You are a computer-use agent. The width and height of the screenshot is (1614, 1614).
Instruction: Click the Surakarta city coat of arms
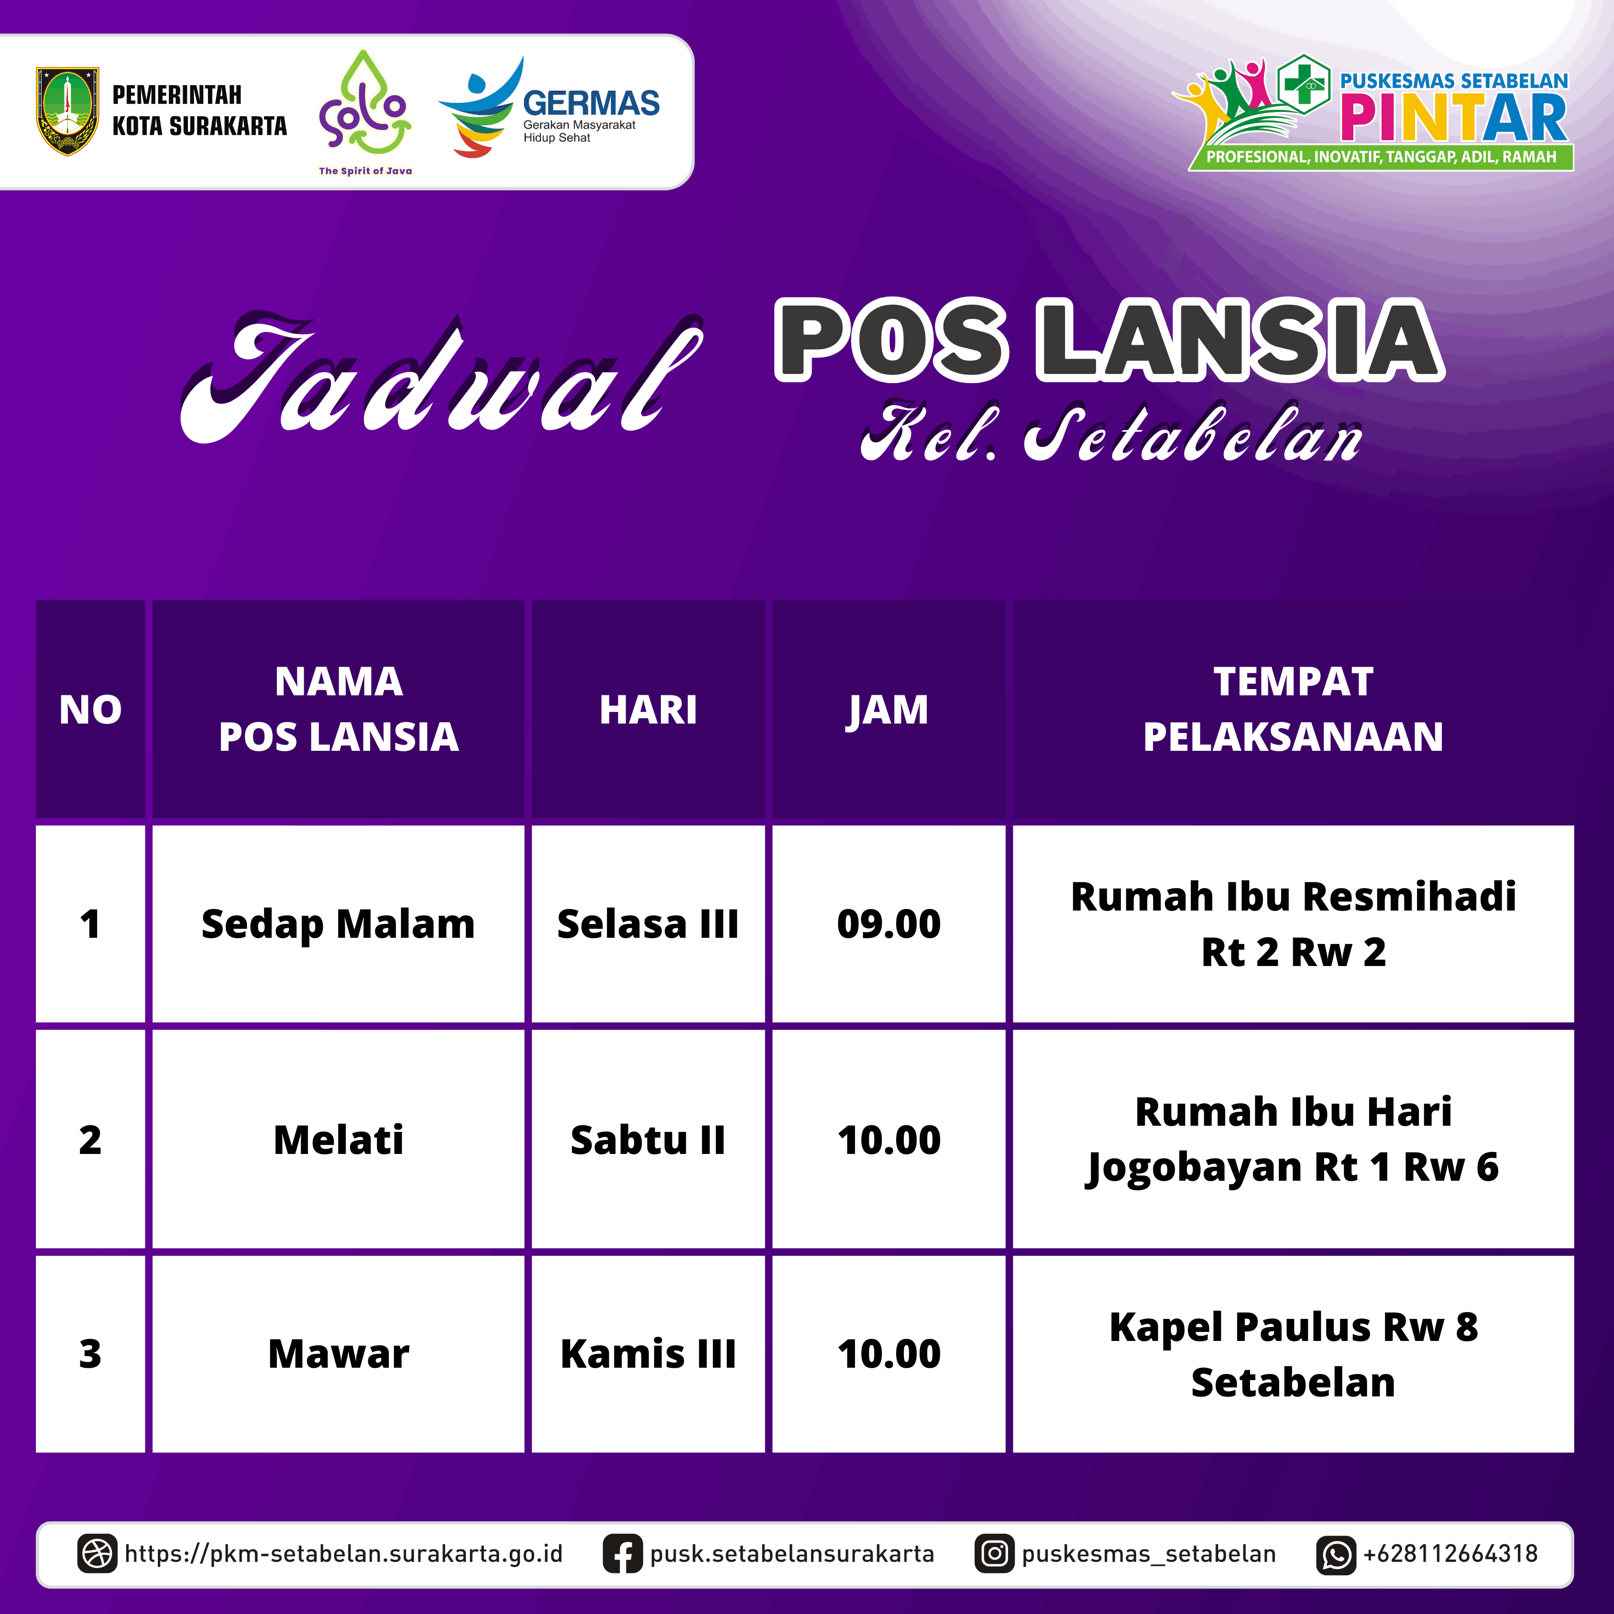67,111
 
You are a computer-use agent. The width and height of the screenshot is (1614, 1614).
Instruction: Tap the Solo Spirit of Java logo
365,113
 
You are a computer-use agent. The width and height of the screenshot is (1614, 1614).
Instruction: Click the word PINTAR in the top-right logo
1454,118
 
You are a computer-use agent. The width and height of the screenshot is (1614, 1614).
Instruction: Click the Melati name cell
338,1140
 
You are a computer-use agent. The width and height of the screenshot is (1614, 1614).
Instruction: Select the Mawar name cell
338,1353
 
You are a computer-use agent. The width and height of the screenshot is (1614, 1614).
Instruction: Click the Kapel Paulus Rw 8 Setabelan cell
1293,1353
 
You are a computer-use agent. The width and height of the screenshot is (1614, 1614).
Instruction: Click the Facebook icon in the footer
622,1554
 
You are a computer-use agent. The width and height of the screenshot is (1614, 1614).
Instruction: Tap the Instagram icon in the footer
994,1554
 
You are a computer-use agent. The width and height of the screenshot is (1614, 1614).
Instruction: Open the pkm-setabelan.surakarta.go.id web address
343,1554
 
